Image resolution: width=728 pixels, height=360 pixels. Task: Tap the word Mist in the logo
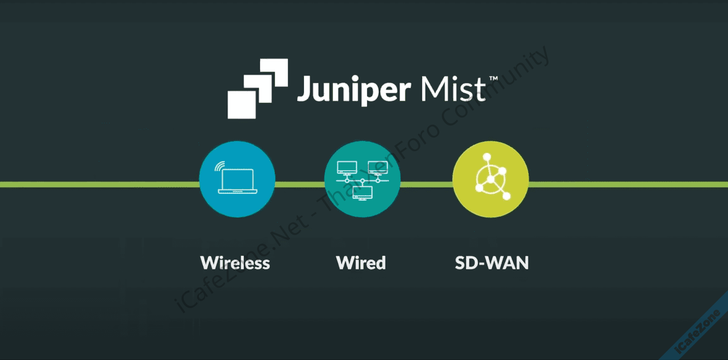tap(453, 89)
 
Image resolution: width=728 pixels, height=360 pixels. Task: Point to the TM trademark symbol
tap(493, 79)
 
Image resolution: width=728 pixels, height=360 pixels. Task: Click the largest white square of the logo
tap(241, 105)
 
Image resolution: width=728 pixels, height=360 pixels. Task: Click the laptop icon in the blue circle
tap(238, 181)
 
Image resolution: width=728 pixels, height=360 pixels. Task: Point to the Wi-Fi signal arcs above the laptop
tap(220, 166)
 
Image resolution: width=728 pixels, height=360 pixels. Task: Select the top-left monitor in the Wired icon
tap(347, 168)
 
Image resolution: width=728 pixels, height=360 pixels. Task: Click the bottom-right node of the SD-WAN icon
tap(506, 196)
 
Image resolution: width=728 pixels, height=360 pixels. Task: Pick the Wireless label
tap(235, 263)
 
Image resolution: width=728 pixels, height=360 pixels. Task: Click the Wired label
tap(361, 263)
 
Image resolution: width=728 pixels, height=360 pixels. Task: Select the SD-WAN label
tap(492, 263)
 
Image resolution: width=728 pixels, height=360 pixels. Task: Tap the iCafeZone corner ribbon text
tap(697, 331)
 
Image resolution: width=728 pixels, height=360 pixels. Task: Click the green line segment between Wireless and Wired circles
tap(299, 184)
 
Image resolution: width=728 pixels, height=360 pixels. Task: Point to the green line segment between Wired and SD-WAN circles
tap(426, 184)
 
